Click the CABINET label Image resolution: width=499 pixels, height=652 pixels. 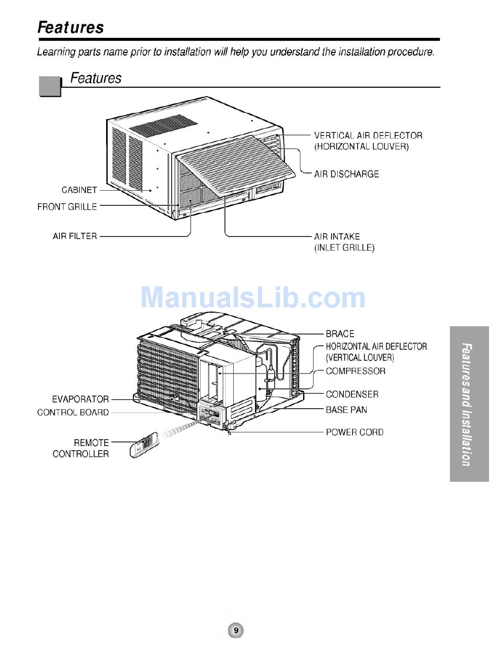(x=79, y=190)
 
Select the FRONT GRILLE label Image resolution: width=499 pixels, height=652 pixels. (x=67, y=207)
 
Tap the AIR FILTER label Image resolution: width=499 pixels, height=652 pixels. (x=75, y=236)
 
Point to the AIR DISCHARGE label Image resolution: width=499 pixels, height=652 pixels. (x=346, y=174)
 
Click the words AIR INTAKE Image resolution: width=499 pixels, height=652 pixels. (x=337, y=236)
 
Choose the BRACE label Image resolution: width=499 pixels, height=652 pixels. (x=340, y=334)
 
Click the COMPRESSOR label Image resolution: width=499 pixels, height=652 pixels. (x=355, y=371)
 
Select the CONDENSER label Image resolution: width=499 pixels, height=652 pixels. (x=352, y=394)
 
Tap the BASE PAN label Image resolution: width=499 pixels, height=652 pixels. (x=346, y=409)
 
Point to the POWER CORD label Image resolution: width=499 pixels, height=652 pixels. (x=355, y=432)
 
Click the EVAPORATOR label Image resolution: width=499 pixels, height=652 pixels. (x=80, y=399)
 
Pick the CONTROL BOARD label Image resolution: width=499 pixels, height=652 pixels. (x=73, y=412)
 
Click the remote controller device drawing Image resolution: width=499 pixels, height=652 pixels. (x=143, y=445)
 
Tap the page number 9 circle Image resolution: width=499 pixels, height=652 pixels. (x=236, y=630)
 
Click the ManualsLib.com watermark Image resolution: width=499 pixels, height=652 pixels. (x=253, y=298)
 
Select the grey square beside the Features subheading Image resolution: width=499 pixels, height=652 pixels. (x=50, y=86)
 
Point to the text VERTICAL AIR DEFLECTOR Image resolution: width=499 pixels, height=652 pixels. (x=368, y=136)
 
